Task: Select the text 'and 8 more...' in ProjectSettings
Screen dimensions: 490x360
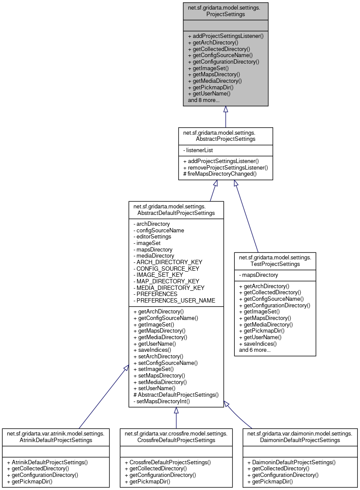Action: pos(203,100)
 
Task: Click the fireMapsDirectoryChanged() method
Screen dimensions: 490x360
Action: pos(219,174)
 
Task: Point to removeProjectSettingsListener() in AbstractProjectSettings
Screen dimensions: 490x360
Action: pos(226,167)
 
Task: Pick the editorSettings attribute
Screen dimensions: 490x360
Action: pos(154,237)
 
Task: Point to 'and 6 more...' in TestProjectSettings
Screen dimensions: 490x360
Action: pos(255,350)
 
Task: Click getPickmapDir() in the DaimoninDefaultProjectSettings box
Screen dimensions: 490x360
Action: pos(270,481)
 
